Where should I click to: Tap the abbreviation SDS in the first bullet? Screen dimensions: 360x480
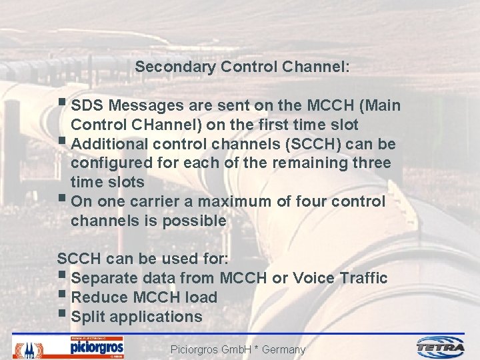point(87,106)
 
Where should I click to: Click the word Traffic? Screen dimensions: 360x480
point(364,278)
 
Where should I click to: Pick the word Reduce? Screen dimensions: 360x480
point(98,297)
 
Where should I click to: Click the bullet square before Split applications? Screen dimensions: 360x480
point(62,315)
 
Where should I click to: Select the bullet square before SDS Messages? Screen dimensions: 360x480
point(62,104)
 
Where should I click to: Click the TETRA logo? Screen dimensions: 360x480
point(441,347)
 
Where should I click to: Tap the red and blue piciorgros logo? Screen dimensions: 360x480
point(97,347)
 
